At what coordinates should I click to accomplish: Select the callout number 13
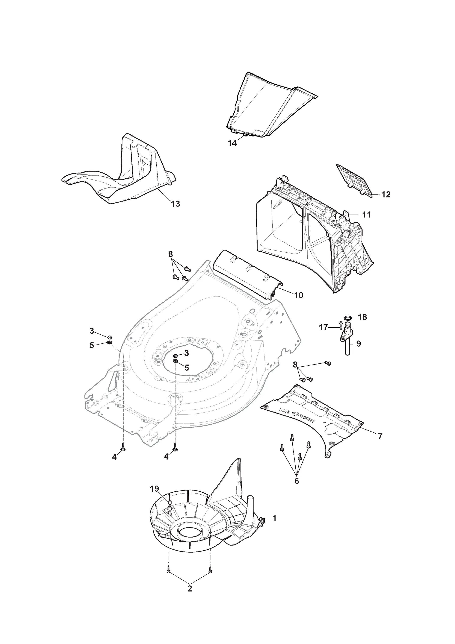[x=175, y=204]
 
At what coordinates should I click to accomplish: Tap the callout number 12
[x=386, y=195]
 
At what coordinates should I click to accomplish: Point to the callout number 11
[x=366, y=215]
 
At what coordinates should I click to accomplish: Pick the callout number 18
[x=363, y=317]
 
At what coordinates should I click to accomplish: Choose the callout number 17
[x=323, y=327]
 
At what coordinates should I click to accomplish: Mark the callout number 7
[x=380, y=436]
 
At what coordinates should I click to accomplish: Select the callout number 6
[x=297, y=481]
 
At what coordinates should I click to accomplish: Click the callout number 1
[x=274, y=519]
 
